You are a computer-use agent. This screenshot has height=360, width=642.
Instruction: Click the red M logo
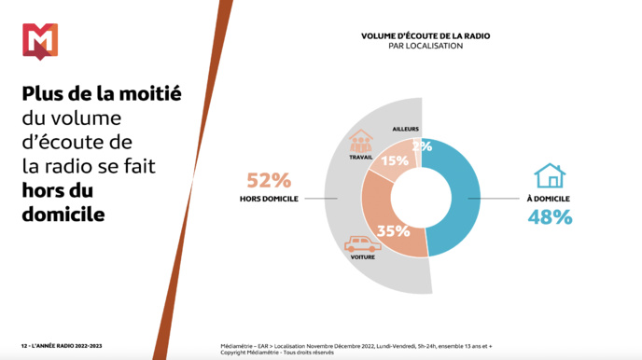(x=39, y=41)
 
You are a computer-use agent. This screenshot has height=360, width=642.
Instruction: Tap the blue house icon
(x=550, y=176)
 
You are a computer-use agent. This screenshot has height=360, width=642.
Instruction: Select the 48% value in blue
(x=550, y=217)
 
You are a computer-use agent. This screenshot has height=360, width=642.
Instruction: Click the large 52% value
(x=269, y=180)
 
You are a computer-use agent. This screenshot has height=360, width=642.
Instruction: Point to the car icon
(x=361, y=244)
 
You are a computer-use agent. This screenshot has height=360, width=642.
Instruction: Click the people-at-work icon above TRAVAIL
(x=360, y=142)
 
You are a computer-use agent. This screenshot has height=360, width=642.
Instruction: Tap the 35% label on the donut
(x=392, y=230)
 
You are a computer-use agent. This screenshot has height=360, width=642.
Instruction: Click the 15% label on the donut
(x=395, y=161)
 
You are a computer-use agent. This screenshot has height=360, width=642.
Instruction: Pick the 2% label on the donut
(x=422, y=146)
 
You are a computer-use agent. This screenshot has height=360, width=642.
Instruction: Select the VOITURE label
(x=362, y=257)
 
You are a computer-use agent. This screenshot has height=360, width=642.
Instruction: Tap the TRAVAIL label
(x=360, y=157)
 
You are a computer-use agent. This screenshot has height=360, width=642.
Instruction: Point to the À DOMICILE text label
(x=549, y=199)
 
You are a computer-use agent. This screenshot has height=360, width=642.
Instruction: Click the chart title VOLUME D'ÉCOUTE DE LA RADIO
(x=426, y=36)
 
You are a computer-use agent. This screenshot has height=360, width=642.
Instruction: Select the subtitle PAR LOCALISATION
(x=426, y=46)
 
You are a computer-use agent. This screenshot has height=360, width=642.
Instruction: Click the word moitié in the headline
(x=147, y=94)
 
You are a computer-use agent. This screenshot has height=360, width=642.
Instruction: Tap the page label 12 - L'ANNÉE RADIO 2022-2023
(x=63, y=346)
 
